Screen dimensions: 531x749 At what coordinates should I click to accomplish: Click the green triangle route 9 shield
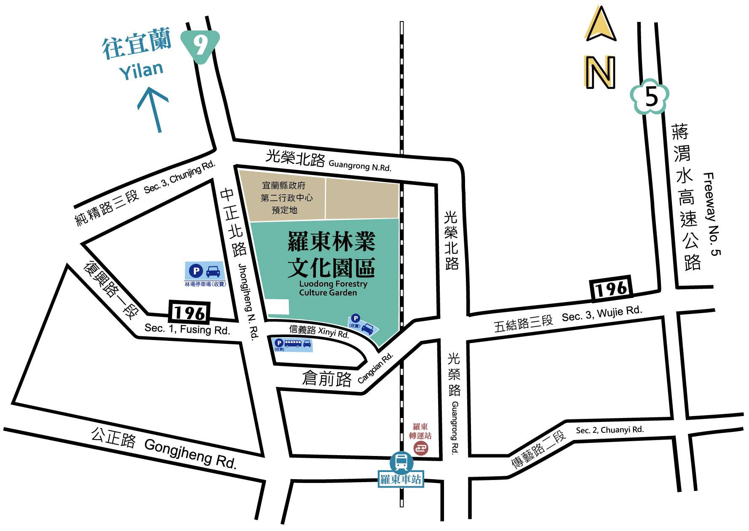tap(201, 45)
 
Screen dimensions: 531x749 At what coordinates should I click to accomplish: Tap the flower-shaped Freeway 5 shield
tap(650, 97)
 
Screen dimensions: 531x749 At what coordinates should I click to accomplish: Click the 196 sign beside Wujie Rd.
tap(612, 289)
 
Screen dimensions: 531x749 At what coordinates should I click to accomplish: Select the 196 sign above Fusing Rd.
tap(189, 313)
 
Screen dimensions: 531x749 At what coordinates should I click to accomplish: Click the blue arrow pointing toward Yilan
tap(154, 109)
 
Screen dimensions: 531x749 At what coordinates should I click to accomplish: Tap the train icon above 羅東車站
tap(401, 462)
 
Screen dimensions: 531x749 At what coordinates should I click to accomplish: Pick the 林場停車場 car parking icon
tap(205, 271)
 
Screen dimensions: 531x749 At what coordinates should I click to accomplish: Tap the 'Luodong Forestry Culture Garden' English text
tap(333, 288)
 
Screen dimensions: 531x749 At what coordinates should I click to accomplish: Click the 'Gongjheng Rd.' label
tap(190, 453)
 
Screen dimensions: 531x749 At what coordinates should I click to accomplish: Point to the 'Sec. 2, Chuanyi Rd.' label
tap(610, 430)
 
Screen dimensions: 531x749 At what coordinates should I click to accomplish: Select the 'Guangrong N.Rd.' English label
tap(359, 166)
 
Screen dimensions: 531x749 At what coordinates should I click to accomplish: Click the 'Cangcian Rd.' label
tap(375, 367)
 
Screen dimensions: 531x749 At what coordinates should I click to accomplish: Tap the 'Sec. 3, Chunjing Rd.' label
tap(179, 177)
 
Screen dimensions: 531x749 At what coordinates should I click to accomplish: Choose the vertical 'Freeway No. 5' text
tap(712, 214)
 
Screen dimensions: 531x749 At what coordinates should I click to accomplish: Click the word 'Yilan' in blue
tap(141, 71)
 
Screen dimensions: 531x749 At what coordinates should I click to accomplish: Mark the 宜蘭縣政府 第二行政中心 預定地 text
tap(286, 198)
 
